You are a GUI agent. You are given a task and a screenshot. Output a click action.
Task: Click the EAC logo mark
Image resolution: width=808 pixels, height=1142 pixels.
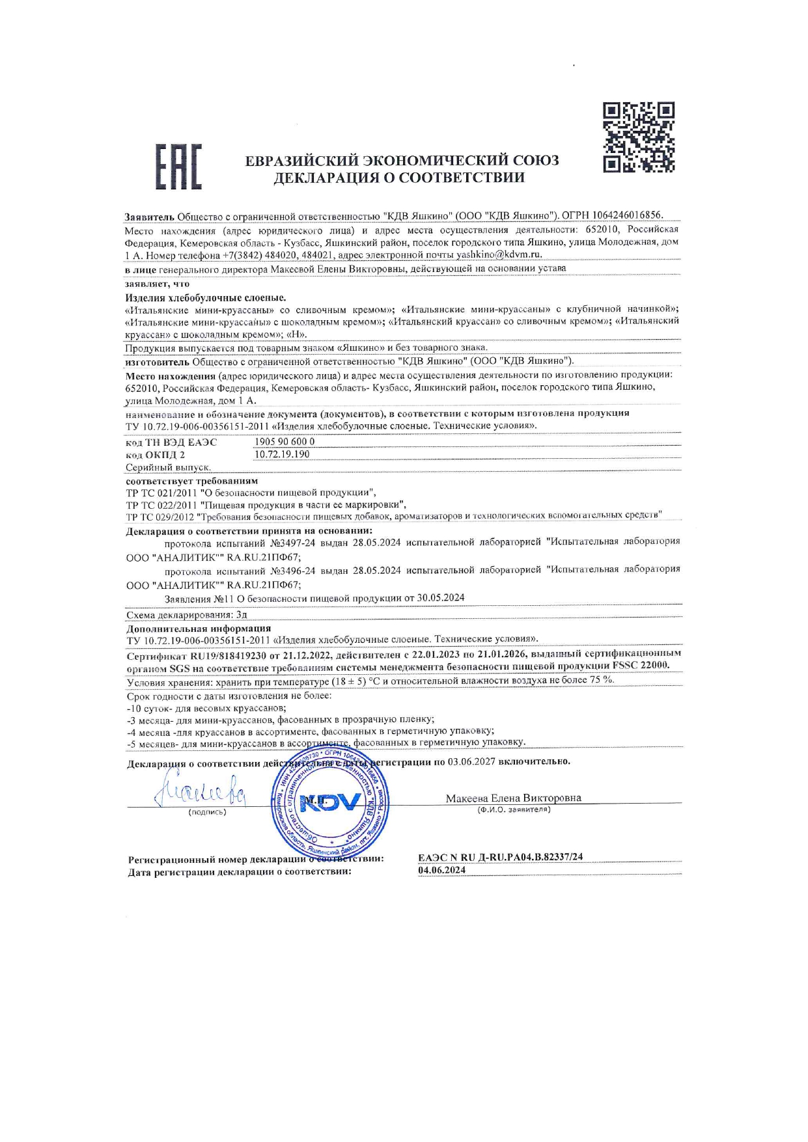click(x=178, y=167)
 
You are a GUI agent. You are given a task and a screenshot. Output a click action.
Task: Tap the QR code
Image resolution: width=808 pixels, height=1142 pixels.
click(x=638, y=137)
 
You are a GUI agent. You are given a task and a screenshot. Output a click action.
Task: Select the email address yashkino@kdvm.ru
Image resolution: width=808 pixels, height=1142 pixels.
click(x=499, y=254)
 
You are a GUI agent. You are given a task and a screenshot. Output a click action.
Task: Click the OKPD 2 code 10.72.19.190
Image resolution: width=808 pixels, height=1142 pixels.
click(x=282, y=454)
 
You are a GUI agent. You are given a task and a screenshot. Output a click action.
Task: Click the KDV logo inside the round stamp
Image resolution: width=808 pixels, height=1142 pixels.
click(x=330, y=802)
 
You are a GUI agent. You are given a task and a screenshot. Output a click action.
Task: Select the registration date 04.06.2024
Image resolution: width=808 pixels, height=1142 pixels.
click(x=442, y=870)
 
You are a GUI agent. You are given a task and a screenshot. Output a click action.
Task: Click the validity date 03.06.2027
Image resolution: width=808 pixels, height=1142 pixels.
click(x=471, y=761)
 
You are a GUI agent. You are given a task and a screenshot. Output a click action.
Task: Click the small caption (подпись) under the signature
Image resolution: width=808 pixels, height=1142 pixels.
click(x=208, y=812)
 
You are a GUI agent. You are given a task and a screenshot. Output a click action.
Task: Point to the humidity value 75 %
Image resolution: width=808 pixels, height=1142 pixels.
click(x=602, y=679)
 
